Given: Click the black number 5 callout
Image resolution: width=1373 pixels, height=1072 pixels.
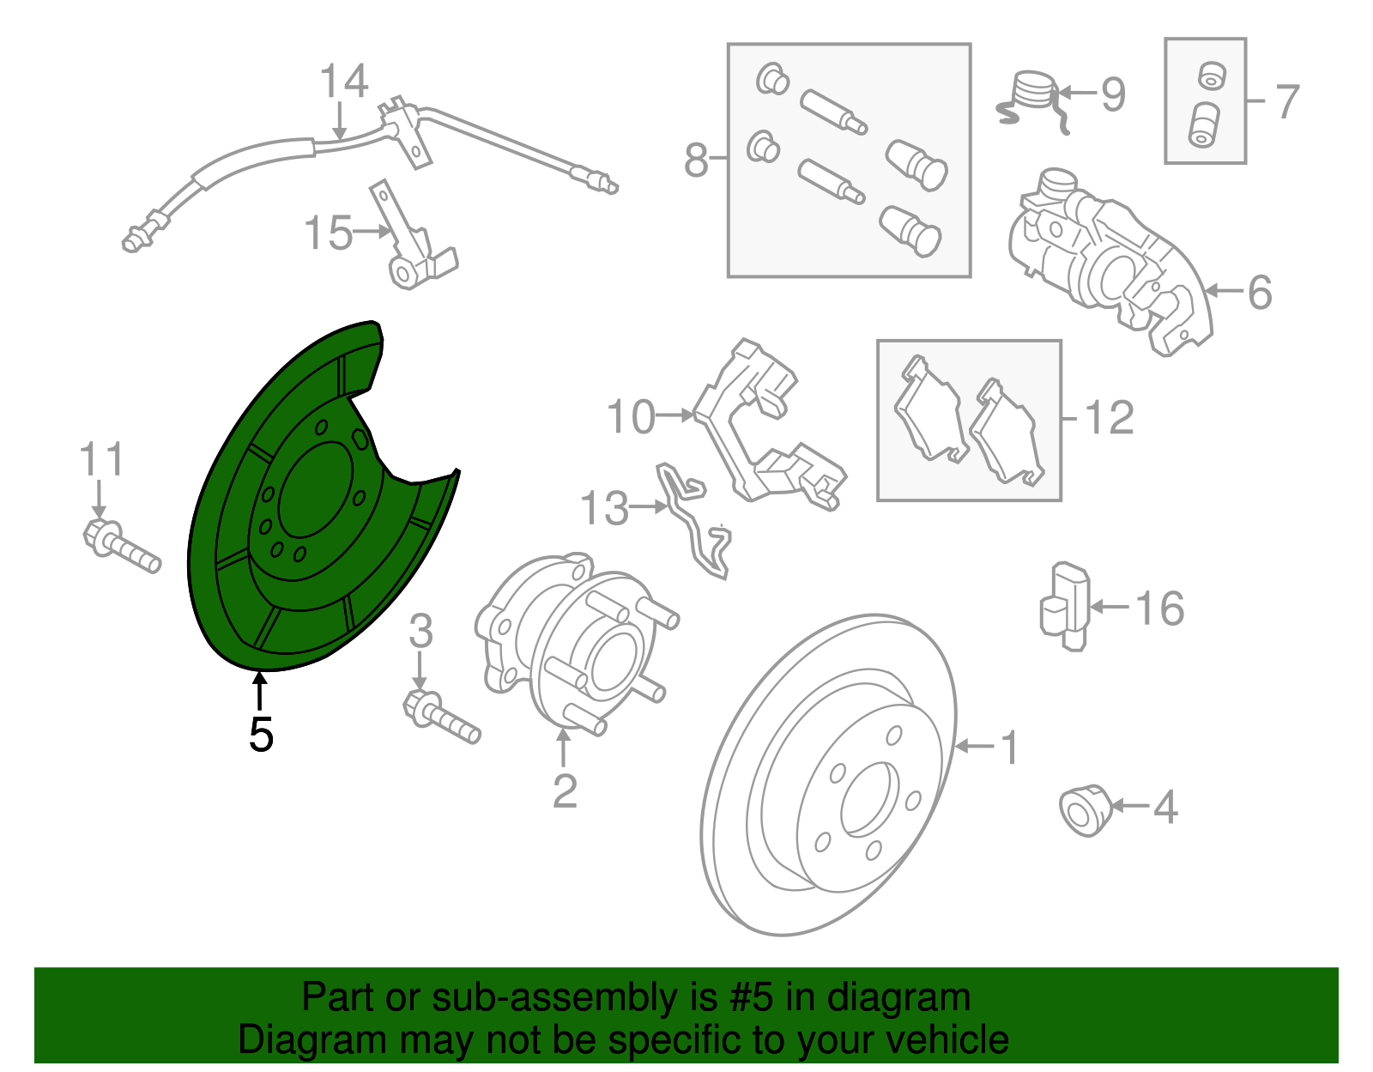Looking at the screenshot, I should click(261, 735).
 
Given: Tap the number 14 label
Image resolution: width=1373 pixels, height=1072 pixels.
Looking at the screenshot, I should click(343, 82).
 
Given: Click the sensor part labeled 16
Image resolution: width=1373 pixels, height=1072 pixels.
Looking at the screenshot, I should click(1064, 605).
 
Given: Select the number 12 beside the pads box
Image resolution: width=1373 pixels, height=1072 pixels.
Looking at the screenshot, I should click(1109, 418).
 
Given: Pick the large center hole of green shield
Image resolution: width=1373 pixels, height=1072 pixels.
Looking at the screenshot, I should click(316, 492).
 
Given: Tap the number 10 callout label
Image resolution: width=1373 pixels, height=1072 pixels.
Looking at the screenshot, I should click(631, 418).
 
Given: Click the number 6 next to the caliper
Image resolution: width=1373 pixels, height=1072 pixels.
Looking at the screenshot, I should click(1259, 293).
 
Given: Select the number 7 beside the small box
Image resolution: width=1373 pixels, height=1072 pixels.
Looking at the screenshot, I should click(1286, 102).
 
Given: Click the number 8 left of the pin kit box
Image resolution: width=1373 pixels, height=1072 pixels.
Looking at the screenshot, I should click(696, 160).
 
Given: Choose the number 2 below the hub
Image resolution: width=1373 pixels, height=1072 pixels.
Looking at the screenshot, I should click(564, 790).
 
